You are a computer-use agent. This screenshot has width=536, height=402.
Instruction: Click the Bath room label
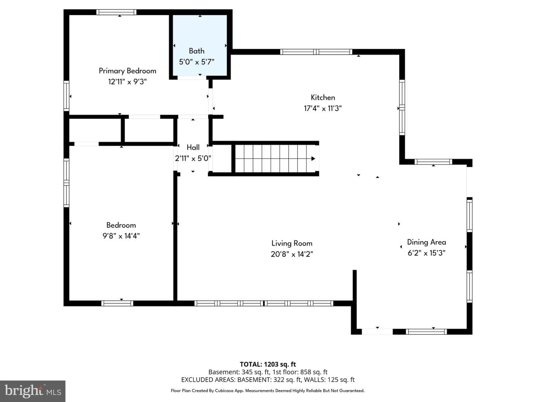pyautogui.click(x=196, y=51)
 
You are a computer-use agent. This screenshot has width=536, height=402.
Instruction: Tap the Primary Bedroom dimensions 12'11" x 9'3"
pyautogui.click(x=127, y=82)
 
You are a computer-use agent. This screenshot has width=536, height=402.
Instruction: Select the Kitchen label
pyautogui.click(x=323, y=98)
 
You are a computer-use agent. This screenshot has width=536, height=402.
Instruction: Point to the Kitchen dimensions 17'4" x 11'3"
pyautogui.click(x=323, y=108)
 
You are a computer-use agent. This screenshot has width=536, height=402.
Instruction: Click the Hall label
pyautogui.click(x=193, y=147)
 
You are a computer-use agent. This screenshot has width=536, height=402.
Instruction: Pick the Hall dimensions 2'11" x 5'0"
pyautogui.click(x=193, y=159)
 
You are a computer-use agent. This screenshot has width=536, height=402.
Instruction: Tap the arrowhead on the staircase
pyautogui.click(x=313, y=159)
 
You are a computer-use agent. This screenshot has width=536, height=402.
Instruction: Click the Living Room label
pyautogui.click(x=292, y=243)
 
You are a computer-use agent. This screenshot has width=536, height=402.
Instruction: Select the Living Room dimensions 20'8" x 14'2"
pyautogui.click(x=292, y=254)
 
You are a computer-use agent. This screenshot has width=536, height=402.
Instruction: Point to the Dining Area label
pyautogui.click(x=426, y=242)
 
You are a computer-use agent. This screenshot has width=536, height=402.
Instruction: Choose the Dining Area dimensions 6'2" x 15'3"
pyautogui.click(x=426, y=253)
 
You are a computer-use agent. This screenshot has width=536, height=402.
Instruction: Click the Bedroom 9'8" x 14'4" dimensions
pyautogui.click(x=121, y=236)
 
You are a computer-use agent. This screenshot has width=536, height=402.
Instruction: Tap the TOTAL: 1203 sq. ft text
pyautogui.click(x=268, y=364)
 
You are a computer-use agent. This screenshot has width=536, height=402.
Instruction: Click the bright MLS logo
pyautogui.click(x=33, y=391)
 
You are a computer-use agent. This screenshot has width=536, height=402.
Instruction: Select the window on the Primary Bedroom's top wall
pyautogui.click(x=116, y=12)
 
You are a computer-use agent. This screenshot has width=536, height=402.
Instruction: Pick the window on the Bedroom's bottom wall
pyautogui.click(x=117, y=303)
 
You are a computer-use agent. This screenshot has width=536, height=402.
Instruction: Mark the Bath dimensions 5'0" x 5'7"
pyautogui.click(x=197, y=62)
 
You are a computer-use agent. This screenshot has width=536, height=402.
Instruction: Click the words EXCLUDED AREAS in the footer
pyautogui.click(x=208, y=380)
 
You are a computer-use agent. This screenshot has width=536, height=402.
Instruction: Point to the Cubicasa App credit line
pyautogui.click(x=268, y=391)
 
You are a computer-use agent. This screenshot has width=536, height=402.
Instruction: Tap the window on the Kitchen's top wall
pyautogui.click(x=316, y=52)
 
